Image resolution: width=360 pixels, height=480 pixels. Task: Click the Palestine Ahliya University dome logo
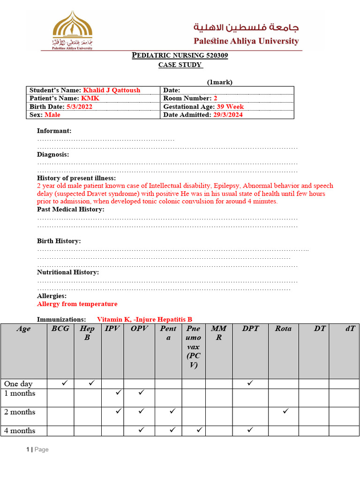[72, 30]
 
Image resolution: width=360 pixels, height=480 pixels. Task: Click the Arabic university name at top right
[247, 28]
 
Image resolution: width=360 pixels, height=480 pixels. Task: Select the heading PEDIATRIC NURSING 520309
[180, 56]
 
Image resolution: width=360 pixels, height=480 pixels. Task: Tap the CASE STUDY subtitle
[180, 65]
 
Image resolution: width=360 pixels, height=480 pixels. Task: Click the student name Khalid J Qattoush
[112, 90]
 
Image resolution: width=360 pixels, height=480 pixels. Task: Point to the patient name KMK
[90, 98]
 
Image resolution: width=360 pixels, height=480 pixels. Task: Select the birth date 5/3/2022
[79, 106]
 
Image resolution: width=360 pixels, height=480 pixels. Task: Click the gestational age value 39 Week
[230, 106]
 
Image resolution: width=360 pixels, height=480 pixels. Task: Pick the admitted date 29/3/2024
[228, 115]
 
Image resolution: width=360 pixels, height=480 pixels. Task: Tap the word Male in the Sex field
[52, 115]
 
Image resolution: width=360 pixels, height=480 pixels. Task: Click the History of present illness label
[76, 178]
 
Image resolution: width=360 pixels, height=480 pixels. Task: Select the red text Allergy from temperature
[77, 304]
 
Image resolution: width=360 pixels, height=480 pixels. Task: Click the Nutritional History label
[68, 272]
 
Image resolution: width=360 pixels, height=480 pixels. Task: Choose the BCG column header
[60, 329]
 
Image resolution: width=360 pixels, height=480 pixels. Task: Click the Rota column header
[283, 329]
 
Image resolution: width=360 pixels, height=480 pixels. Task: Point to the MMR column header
[218, 333]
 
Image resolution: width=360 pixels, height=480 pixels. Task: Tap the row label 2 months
[20, 412]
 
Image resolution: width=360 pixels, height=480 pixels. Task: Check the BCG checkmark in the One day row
[65, 383]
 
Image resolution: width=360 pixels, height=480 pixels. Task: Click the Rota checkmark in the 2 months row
[286, 411]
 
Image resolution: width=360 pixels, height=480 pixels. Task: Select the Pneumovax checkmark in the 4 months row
[199, 429]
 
